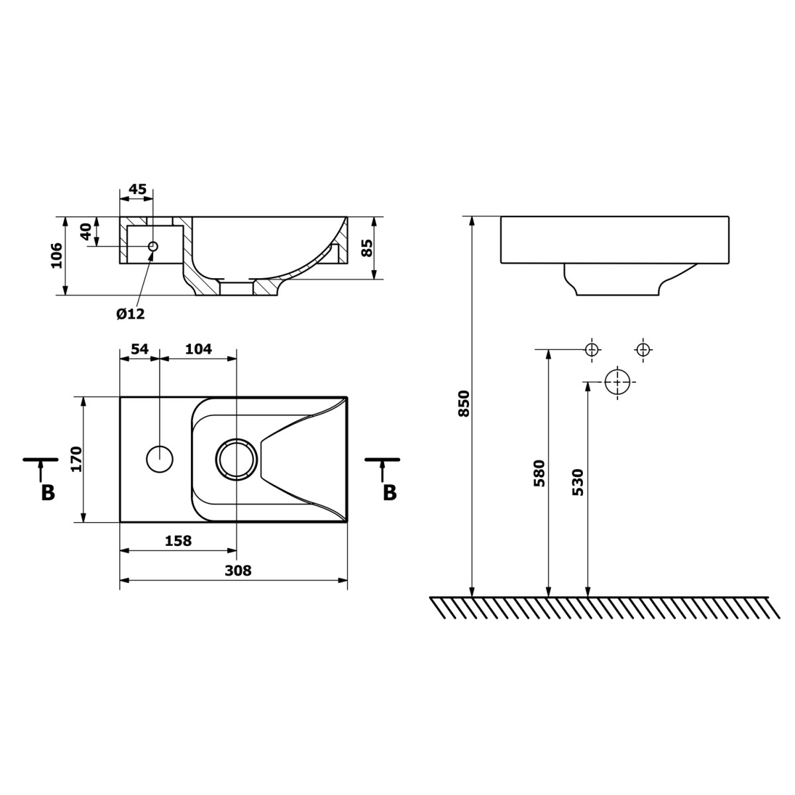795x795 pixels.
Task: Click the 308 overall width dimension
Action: pyautogui.click(x=238, y=570)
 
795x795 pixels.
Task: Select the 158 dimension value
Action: pyautogui.click(x=178, y=541)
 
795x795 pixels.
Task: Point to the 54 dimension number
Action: pyautogui.click(x=138, y=349)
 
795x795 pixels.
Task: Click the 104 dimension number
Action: pyautogui.click(x=199, y=349)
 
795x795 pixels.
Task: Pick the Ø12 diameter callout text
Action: pyautogui.click(x=130, y=314)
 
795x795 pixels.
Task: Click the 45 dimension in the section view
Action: pyautogui.click(x=136, y=189)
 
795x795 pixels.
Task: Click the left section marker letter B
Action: pyautogui.click(x=48, y=493)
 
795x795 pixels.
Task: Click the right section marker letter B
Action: pyautogui.click(x=390, y=493)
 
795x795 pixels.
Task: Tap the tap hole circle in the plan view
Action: pyautogui.click(x=159, y=458)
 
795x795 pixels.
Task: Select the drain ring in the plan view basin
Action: pyautogui.click(x=236, y=458)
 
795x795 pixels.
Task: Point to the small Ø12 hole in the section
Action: pyautogui.click(x=152, y=246)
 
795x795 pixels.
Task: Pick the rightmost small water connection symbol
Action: pyautogui.click(x=643, y=349)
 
